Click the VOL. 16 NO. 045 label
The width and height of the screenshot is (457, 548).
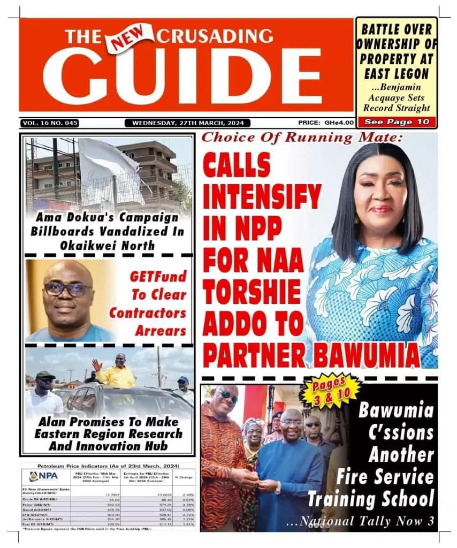[50, 123]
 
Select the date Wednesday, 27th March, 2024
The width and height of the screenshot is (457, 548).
[187, 123]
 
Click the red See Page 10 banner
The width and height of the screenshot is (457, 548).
[397, 122]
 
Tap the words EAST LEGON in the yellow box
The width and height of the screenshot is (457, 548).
[397, 73]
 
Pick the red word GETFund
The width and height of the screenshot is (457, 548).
[159, 277]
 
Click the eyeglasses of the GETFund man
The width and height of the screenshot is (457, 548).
[67, 290]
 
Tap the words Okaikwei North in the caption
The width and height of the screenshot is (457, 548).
[109, 246]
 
